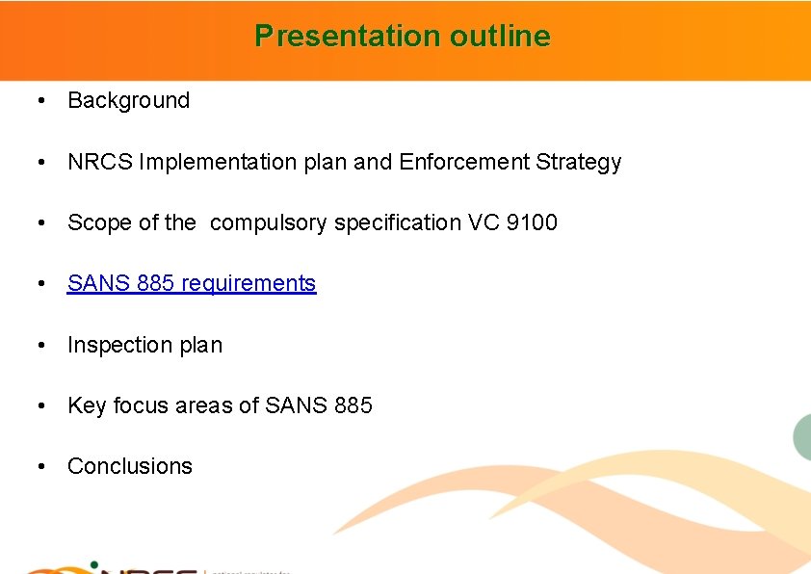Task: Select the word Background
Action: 129,100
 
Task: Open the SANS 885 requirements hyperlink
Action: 192,283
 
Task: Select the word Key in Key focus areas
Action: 87,405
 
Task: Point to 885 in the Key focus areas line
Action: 353,405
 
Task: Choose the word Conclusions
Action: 130,466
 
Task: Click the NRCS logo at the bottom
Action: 116,565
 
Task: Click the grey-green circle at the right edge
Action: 803,435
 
